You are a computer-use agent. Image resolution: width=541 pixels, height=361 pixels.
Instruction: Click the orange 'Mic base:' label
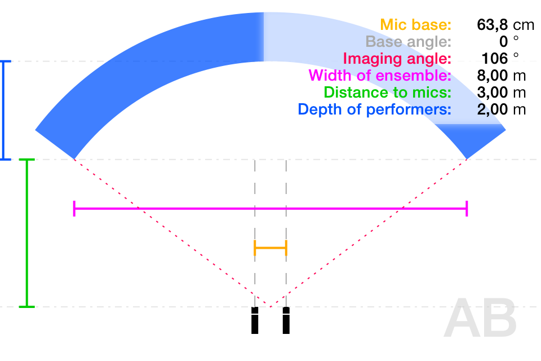pyautogui.click(x=415, y=25)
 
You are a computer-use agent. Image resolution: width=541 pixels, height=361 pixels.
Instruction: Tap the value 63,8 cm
pyautogui.click(x=505, y=25)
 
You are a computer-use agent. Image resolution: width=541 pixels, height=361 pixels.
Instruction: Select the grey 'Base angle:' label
pyautogui.click(x=408, y=42)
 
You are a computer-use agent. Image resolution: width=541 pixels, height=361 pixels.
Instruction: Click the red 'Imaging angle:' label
pyautogui.click(x=397, y=59)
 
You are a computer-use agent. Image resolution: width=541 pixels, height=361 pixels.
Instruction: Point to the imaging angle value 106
pyautogui.click(x=495, y=59)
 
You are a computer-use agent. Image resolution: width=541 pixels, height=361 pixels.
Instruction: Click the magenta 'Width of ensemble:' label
pyautogui.click(x=380, y=76)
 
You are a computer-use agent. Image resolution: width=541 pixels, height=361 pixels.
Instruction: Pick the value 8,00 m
pyautogui.click(x=502, y=76)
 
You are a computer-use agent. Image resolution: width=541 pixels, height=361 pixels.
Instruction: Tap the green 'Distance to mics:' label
pyautogui.click(x=388, y=93)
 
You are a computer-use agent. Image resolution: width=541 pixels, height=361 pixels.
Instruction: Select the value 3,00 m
pyautogui.click(x=502, y=93)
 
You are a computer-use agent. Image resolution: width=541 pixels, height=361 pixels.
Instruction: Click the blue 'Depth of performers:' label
pyautogui.click(x=374, y=109)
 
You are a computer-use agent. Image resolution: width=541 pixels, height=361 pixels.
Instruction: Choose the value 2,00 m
pyautogui.click(x=502, y=109)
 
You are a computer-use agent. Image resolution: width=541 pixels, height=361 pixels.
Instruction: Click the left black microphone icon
pyautogui.click(x=255, y=320)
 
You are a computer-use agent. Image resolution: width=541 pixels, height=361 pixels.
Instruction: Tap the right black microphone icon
pyautogui.click(x=286, y=320)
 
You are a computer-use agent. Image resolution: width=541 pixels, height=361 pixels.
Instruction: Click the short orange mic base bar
pyautogui.click(x=270, y=248)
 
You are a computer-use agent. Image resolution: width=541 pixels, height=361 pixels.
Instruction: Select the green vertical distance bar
pyautogui.click(x=27, y=233)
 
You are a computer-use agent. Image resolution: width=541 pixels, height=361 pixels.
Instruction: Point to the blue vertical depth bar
pyautogui.click(x=3, y=110)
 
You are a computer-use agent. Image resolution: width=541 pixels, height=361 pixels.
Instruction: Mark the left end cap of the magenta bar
pyautogui.click(x=74, y=209)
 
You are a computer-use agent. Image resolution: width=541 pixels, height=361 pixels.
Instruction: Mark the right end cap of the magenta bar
pyautogui.click(x=467, y=209)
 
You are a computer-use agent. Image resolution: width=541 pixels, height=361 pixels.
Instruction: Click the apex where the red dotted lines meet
pyautogui.click(x=270, y=307)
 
